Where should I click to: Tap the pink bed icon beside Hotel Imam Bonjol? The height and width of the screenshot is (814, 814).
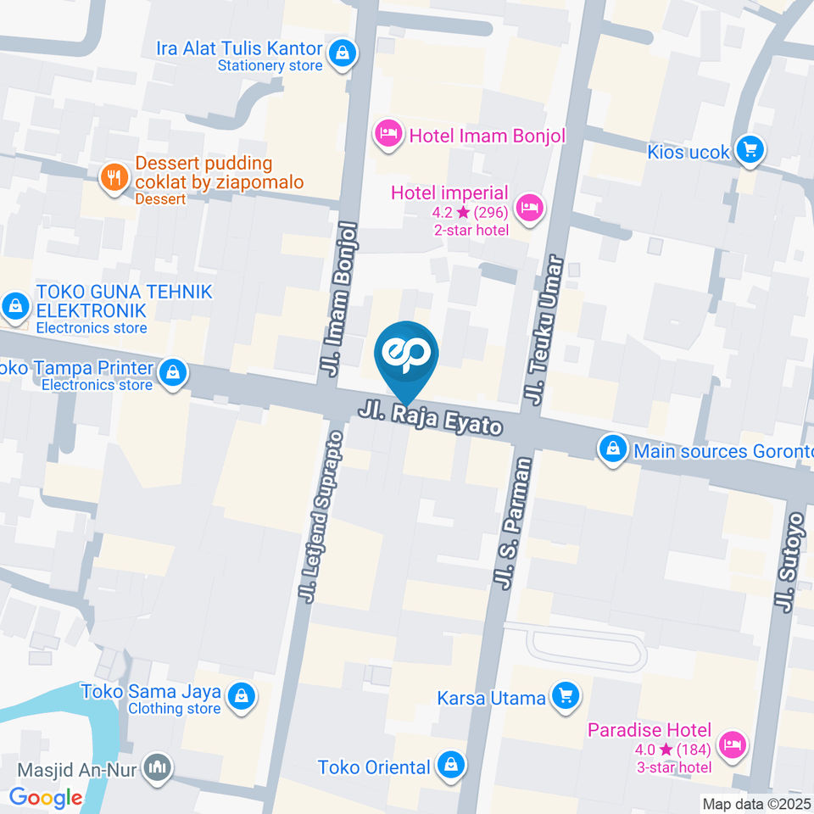[x=388, y=134]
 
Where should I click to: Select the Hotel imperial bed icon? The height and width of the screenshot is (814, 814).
[x=530, y=206]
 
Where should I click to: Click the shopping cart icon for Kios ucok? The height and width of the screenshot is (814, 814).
[x=749, y=151]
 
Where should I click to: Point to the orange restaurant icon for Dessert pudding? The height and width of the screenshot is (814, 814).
[x=113, y=177]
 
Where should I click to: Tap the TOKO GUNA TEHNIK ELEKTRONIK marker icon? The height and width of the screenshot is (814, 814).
[x=14, y=307]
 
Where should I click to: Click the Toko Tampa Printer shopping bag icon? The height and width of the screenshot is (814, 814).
[x=173, y=371]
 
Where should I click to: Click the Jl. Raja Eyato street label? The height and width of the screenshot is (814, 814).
[x=431, y=420]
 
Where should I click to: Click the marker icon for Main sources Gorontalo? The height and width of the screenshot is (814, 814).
[x=611, y=450]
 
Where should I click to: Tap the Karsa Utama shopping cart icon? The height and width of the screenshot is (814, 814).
[x=564, y=697]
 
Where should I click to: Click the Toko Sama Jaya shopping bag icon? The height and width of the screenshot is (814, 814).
[x=242, y=695]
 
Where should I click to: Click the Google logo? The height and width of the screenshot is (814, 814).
[x=46, y=797]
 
